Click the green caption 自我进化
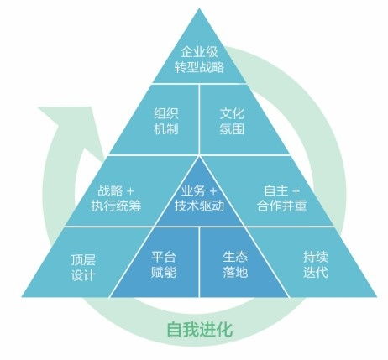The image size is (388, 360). point(199,329)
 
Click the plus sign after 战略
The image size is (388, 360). point(130,191)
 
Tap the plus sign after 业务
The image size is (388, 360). point(213,191)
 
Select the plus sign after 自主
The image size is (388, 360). point(296,191)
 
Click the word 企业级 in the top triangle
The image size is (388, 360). point(199,52)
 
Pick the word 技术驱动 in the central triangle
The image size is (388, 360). point(199,206)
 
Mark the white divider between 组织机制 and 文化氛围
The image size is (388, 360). point(199,119)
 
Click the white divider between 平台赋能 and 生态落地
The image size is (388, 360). point(199,262)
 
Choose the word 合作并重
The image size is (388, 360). point(282,206)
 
